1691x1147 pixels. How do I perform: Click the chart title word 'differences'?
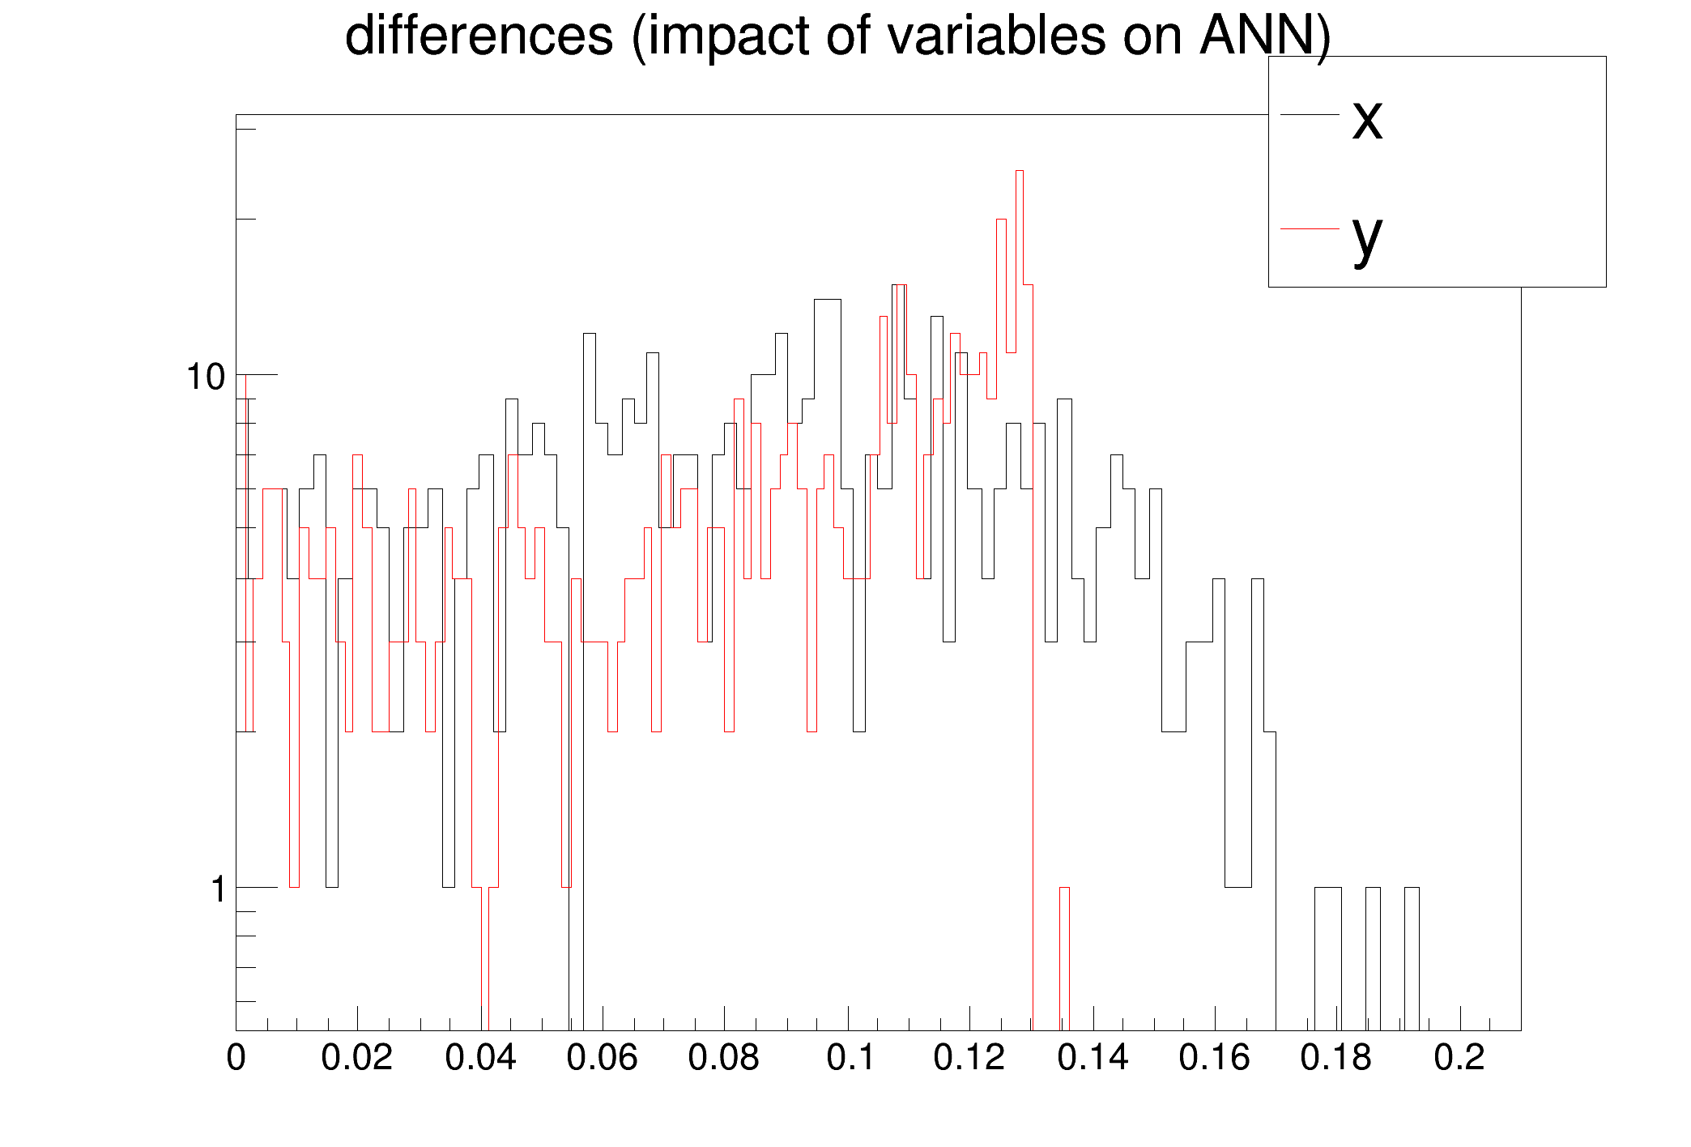click(x=479, y=36)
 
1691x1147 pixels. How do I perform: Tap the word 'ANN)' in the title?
click(x=1265, y=36)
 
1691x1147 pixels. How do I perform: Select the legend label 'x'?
click(x=1367, y=119)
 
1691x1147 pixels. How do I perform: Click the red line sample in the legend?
click(x=1309, y=229)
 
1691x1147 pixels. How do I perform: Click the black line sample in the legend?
click(x=1309, y=115)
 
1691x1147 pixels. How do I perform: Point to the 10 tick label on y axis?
click(x=206, y=377)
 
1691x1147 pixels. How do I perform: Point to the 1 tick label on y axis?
click(x=218, y=889)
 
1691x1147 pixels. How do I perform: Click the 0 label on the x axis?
click(x=236, y=1058)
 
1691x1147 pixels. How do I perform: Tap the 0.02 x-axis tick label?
click(x=357, y=1058)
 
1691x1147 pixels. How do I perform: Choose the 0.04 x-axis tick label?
click(x=480, y=1058)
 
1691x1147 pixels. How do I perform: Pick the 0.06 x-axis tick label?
click(x=602, y=1058)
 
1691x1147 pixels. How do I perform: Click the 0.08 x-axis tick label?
click(x=724, y=1058)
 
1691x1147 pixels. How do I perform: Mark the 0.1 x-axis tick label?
click(x=851, y=1058)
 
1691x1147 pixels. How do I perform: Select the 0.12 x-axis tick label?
click(x=969, y=1058)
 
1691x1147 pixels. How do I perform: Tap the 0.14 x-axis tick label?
click(x=1093, y=1058)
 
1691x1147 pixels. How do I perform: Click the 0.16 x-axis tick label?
click(x=1214, y=1058)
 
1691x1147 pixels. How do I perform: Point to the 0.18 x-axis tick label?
click(x=1336, y=1058)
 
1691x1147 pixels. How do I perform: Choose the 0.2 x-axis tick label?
click(x=1459, y=1058)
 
